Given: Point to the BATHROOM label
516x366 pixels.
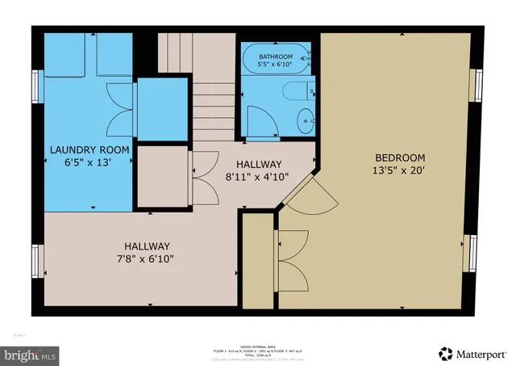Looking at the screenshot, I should click(x=275, y=57).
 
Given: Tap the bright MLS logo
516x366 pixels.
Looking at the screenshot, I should click(x=31, y=353).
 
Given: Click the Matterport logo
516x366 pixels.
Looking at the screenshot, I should click(x=476, y=353).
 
